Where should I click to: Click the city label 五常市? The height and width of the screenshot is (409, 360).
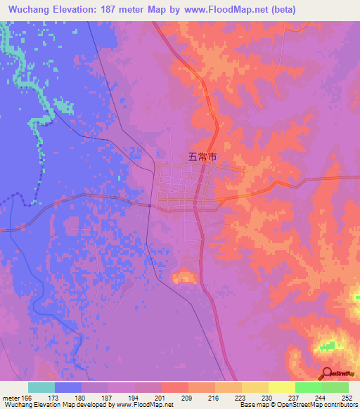point(202,158)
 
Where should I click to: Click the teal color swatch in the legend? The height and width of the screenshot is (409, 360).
point(41,387)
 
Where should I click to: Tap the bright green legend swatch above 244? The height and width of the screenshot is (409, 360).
point(308,387)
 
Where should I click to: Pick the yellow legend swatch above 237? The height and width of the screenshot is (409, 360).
point(281,387)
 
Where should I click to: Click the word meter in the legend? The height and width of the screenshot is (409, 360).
point(11,398)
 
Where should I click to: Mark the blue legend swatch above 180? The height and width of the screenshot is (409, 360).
point(68,387)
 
